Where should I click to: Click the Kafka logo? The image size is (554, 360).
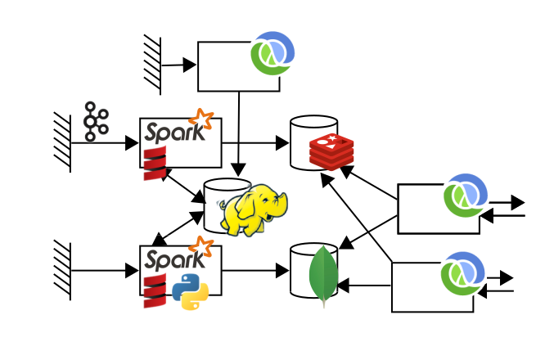point(96,122)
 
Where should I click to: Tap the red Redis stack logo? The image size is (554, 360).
point(331,151)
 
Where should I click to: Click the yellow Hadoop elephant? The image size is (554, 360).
point(254,209)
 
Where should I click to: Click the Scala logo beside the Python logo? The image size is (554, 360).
point(155,291)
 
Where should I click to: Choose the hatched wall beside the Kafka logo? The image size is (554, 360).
point(63,142)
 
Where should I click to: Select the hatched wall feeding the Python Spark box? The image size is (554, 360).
point(63,270)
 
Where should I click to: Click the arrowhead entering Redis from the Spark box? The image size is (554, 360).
point(283,142)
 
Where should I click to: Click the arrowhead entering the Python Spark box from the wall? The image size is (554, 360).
point(132,270)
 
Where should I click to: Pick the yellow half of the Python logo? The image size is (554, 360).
point(196,299)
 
